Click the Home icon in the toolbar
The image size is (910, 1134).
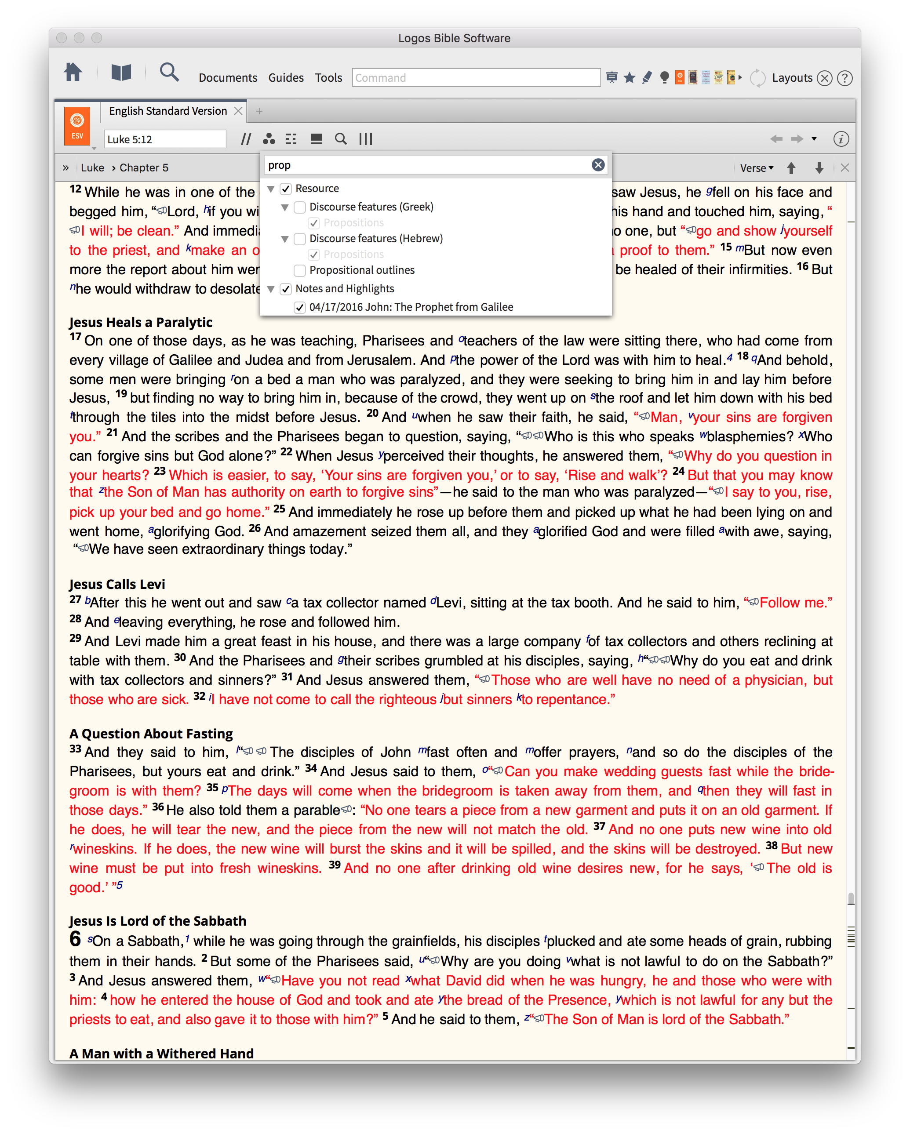tap(73, 72)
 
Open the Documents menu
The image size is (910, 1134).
tap(228, 78)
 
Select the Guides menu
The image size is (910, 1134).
tap(286, 78)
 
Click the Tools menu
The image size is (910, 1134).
tap(328, 78)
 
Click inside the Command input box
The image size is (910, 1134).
tap(476, 78)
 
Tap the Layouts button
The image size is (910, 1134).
tap(792, 78)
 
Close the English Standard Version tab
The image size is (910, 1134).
tap(238, 111)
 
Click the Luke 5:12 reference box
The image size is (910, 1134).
tap(165, 139)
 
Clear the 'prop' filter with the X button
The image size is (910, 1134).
tap(597, 165)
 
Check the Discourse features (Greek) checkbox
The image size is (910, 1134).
tap(300, 207)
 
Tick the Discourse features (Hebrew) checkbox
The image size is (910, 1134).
tap(300, 239)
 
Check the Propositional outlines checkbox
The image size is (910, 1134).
tap(300, 270)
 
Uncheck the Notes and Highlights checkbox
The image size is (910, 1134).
tap(286, 289)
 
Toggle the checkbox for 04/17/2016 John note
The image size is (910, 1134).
tap(300, 307)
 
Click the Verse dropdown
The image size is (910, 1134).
tap(757, 168)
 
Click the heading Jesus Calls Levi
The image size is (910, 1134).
tap(117, 584)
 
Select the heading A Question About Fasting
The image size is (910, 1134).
tap(151, 733)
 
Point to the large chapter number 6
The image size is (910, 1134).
tap(75, 939)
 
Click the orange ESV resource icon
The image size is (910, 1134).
tap(77, 126)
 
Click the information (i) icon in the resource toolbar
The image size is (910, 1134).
tap(841, 139)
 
